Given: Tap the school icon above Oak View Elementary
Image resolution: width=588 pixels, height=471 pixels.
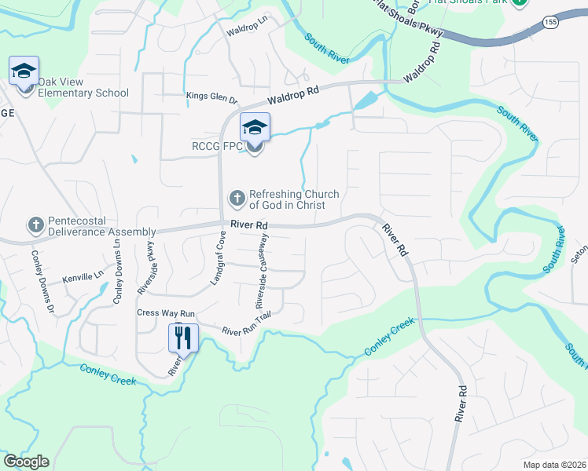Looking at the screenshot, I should pyautogui.click(x=24, y=71).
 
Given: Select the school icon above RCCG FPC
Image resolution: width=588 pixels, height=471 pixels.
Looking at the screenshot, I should pyautogui.click(x=255, y=127).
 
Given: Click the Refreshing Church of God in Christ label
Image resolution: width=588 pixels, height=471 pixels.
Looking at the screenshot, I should pyautogui.click(x=294, y=200).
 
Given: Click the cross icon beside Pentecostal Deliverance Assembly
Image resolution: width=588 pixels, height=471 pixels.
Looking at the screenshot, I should pyautogui.click(x=35, y=226).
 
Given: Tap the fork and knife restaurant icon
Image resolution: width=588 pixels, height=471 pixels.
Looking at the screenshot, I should pyautogui.click(x=182, y=338).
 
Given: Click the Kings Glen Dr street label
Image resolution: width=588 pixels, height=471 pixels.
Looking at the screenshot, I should pyautogui.click(x=211, y=98).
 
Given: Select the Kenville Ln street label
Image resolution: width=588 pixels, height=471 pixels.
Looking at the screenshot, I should pyautogui.click(x=83, y=276).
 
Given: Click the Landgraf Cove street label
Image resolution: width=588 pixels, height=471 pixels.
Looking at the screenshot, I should pyautogui.click(x=218, y=261).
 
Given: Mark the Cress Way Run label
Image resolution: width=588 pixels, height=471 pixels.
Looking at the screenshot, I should pyautogui.click(x=166, y=312).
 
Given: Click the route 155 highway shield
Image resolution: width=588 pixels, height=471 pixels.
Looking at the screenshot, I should pyautogui.click(x=550, y=25).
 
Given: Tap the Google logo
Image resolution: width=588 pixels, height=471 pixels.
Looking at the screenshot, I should pyautogui.click(x=26, y=462).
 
